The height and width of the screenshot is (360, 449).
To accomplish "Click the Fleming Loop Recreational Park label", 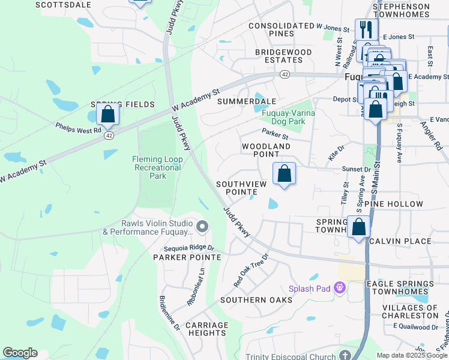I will [x=157, y=167].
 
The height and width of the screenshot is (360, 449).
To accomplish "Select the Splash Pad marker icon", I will [x=340, y=288].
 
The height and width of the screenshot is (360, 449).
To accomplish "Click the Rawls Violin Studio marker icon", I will [x=202, y=227].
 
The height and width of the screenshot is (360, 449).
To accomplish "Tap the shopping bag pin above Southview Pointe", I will [x=285, y=174].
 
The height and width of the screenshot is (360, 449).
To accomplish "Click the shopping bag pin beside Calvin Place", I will [x=359, y=228].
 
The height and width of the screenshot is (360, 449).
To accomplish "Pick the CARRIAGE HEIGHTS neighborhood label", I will [x=206, y=329].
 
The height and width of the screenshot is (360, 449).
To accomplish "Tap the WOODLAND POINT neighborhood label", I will [x=266, y=150].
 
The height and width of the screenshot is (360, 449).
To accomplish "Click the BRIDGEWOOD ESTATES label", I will [x=283, y=56].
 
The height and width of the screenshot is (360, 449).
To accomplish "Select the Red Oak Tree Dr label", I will [x=250, y=269].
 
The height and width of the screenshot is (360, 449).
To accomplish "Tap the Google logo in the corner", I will [x=20, y=353].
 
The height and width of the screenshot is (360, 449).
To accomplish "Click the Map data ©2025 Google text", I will [x=412, y=355].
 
